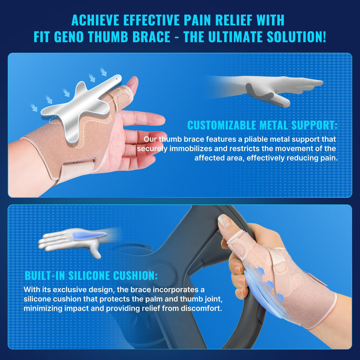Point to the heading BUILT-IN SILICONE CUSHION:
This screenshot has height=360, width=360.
pyautogui.click(x=91, y=275)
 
